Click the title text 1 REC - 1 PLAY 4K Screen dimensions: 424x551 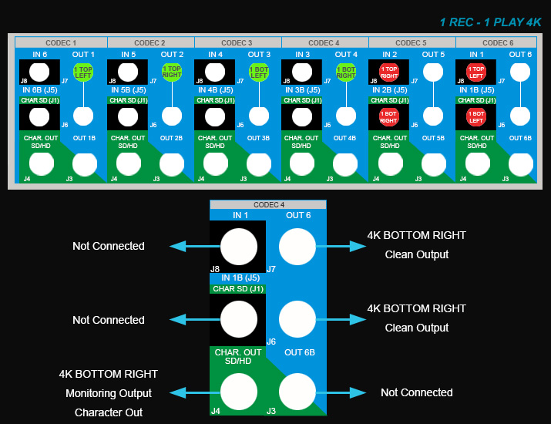[x=490, y=22]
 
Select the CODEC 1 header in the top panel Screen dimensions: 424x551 [x=62, y=42]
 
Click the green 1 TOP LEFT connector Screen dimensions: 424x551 [x=83, y=73]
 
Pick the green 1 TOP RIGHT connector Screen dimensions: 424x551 [x=171, y=73]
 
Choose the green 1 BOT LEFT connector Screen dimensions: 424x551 [x=258, y=73]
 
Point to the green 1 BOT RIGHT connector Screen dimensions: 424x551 [x=345, y=73]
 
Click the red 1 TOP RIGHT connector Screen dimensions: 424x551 [x=388, y=72]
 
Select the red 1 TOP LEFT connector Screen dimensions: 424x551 [x=475, y=72]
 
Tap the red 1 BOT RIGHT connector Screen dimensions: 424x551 [x=388, y=117]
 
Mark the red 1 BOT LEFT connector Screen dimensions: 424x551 [x=475, y=117]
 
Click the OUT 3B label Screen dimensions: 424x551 [x=258, y=138]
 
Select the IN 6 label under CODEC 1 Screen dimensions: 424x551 [x=40, y=54]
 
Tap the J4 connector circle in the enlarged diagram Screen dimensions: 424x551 [x=239, y=392]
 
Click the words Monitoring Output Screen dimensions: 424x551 [x=109, y=394]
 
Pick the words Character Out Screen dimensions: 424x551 [x=109, y=412]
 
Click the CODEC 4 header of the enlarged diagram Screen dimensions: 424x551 [x=268, y=204]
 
